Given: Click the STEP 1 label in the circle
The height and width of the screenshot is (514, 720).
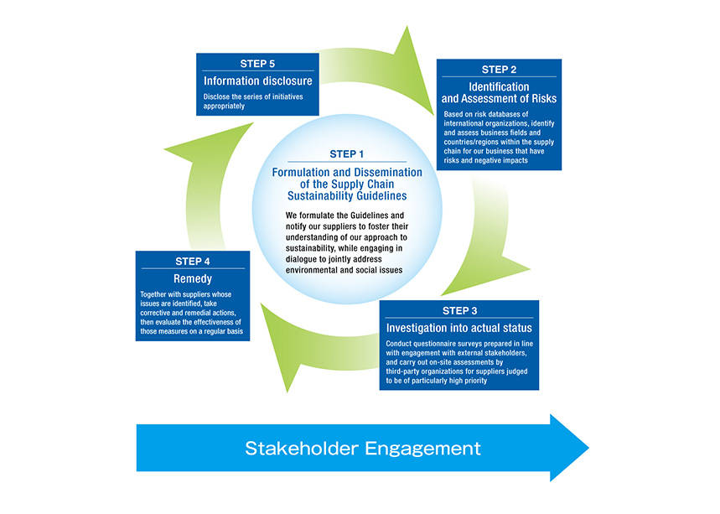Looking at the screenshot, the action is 347,154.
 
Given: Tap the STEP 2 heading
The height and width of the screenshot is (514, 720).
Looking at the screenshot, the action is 499,70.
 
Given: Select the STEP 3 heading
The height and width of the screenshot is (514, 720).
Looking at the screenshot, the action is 459,310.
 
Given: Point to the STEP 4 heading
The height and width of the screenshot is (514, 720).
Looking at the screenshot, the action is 193,262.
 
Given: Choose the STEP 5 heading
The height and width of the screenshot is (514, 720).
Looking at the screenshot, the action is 257,64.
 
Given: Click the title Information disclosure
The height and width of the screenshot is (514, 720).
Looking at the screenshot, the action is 257,80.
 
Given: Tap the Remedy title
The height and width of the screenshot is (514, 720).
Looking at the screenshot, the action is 193,278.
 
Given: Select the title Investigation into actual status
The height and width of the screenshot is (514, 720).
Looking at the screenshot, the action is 458,328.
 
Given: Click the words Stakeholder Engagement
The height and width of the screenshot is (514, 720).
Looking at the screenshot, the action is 363,448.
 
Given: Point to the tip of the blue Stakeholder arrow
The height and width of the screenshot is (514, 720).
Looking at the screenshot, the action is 588,448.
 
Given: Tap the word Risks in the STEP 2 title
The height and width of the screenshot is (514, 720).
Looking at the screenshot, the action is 544,98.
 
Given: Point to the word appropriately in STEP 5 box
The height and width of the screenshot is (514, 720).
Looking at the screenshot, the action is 224,106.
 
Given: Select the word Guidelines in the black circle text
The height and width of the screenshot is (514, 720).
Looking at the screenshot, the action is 370,215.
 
